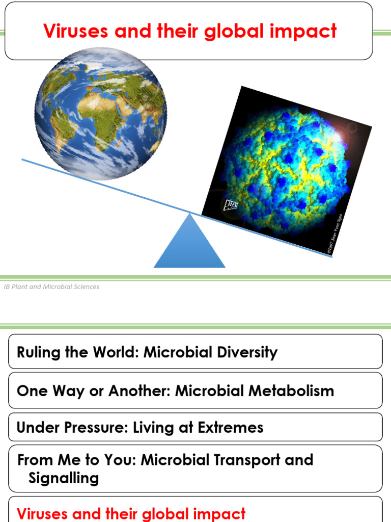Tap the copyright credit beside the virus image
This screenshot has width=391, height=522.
334,232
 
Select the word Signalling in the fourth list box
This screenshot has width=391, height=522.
64,478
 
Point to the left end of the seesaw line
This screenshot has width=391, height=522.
23,160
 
